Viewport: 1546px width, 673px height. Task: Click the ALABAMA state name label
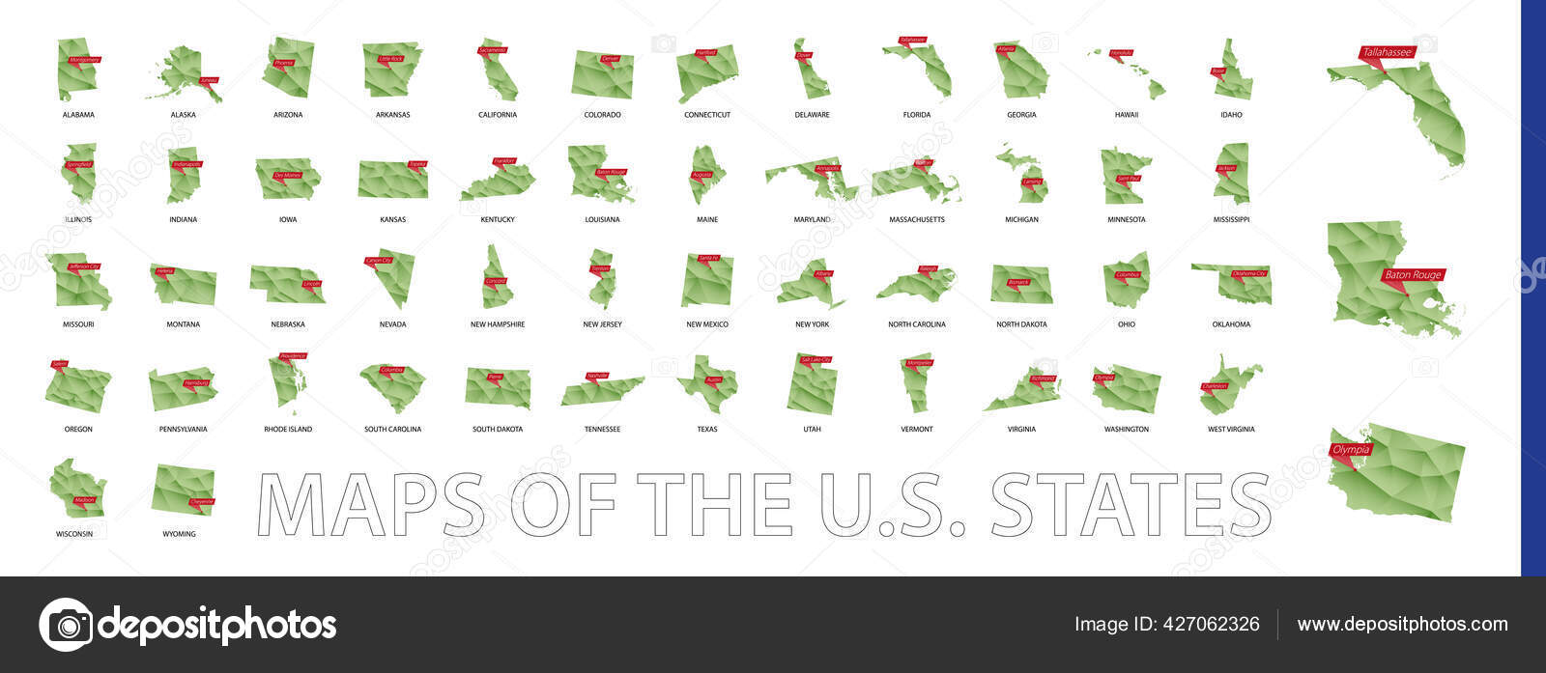pyautogui.click(x=78, y=115)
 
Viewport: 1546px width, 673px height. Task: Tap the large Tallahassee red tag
pyautogui.click(x=1387, y=53)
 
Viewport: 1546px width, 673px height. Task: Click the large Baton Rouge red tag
pyautogui.click(x=1413, y=275)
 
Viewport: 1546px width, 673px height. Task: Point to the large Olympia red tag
pyautogui.click(x=1351, y=450)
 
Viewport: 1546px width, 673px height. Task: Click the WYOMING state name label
pyautogui.click(x=179, y=534)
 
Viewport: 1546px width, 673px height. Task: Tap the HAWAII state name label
pyautogui.click(x=1126, y=115)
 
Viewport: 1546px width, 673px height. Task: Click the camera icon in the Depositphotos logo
pyautogui.click(x=66, y=625)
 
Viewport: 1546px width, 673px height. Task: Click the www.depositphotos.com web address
pyautogui.click(x=1402, y=625)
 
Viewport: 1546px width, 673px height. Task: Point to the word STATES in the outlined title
pyautogui.click(x=1131, y=504)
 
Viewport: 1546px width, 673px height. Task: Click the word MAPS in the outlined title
pyautogui.click(x=372, y=504)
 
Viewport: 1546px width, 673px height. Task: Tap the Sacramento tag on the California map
pyautogui.click(x=492, y=49)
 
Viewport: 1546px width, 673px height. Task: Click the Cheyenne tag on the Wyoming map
pyautogui.click(x=202, y=501)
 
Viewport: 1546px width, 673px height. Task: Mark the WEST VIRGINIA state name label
pyautogui.click(x=1231, y=430)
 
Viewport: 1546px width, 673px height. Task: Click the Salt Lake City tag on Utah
pyautogui.click(x=816, y=359)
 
